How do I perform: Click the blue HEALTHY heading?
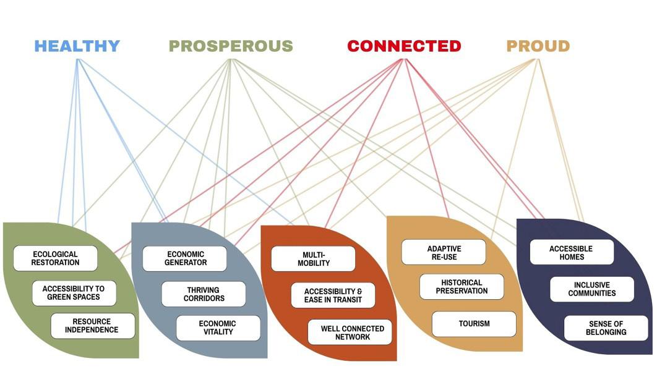click(x=77, y=46)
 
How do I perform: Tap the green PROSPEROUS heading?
click(x=231, y=46)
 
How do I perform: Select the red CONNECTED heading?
click(x=405, y=46)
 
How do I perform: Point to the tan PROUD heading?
click(x=538, y=46)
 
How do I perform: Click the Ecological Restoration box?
click(x=55, y=258)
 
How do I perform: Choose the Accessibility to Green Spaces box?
click(x=74, y=293)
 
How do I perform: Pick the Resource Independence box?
click(x=93, y=326)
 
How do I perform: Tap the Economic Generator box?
click(x=185, y=258)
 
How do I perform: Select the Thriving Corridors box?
click(x=204, y=294)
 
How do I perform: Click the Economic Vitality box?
click(x=218, y=328)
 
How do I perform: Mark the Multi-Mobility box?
click(x=314, y=259)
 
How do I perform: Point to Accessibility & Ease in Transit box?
click(x=333, y=295)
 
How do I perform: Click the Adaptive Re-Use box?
click(x=444, y=252)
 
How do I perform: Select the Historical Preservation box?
click(x=462, y=287)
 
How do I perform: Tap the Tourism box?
click(x=474, y=324)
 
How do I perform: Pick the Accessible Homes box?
click(x=572, y=252)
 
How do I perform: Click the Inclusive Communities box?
click(x=592, y=289)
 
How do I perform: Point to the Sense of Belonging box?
click(x=606, y=328)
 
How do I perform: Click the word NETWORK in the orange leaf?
click(x=353, y=337)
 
